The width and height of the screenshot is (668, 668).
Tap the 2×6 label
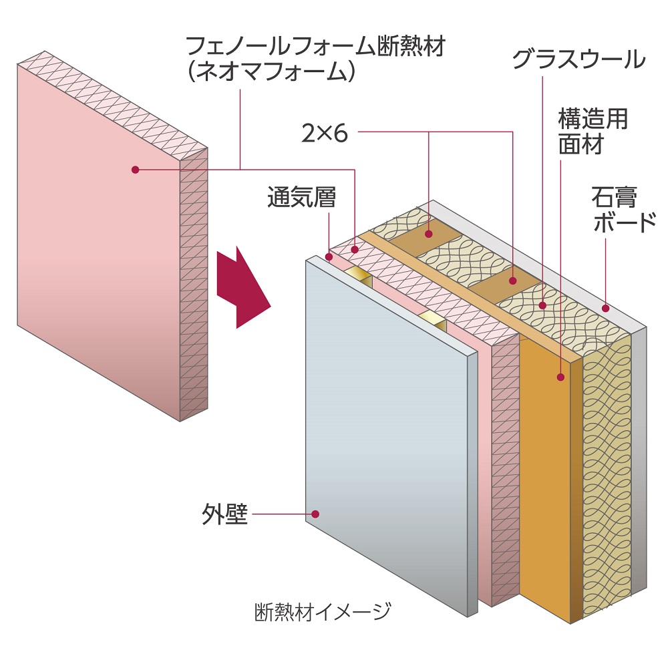pyautogui.click(x=325, y=134)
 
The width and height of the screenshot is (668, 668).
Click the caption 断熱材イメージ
pyautogui.click(x=322, y=611)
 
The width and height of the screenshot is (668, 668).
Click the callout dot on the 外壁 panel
pyautogui.click(x=316, y=514)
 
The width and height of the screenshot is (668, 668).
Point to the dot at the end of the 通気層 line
pyautogui.click(x=329, y=256)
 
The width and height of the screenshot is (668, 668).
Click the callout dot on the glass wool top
pyautogui.click(x=543, y=306)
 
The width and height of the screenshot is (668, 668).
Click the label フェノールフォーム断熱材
pyautogui.click(x=315, y=47)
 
